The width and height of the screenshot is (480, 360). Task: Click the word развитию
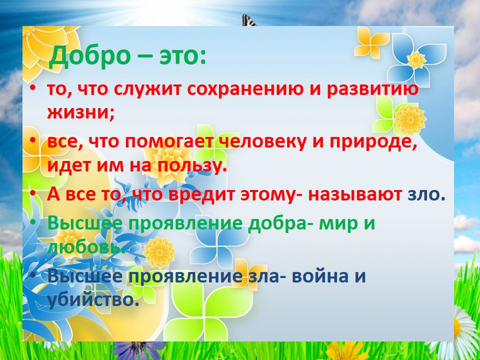tap(372, 89)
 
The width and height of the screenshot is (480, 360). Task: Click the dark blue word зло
tap(426, 194)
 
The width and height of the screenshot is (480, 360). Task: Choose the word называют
tap(355, 195)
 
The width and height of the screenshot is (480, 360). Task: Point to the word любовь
tap(86, 246)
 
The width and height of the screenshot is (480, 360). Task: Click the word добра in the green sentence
tap(278, 223)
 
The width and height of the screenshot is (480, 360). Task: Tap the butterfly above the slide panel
tap(248, 21)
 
